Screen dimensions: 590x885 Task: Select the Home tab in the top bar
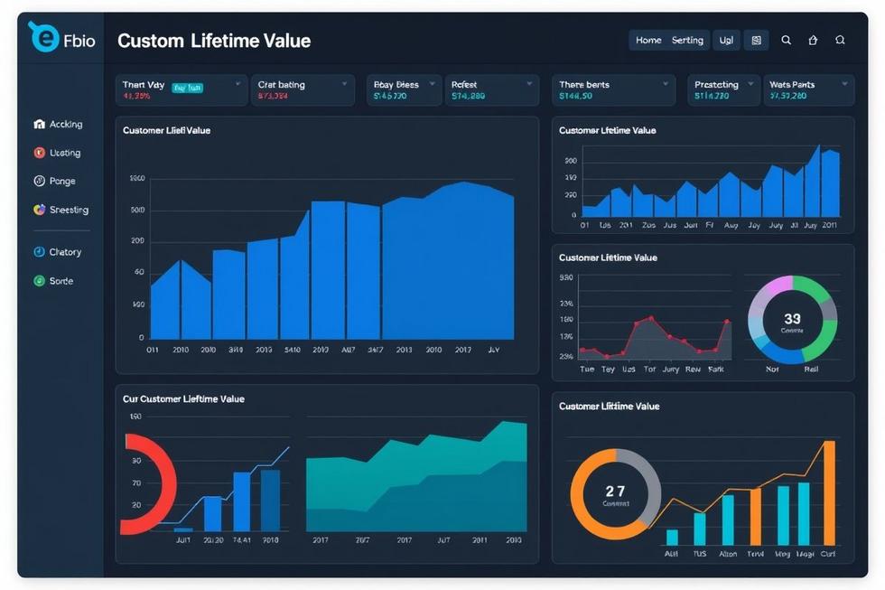pyautogui.click(x=648, y=41)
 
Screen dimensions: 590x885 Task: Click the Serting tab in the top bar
pyautogui.click(x=687, y=41)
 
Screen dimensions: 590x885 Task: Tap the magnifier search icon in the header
pyautogui.click(x=787, y=41)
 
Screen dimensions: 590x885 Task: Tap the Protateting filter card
pyautogui.click(x=722, y=90)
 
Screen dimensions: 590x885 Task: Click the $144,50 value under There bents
pyautogui.click(x=575, y=96)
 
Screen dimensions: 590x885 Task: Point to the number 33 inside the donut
pyautogui.click(x=792, y=319)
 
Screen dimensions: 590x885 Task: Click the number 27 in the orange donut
pyautogui.click(x=615, y=492)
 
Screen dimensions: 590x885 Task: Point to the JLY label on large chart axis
pyautogui.click(x=493, y=349)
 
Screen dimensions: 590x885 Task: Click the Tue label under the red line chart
pyautogui.click(x=586, y=370)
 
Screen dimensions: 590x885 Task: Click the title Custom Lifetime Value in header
pyautogui.click(x=214, y=41)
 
